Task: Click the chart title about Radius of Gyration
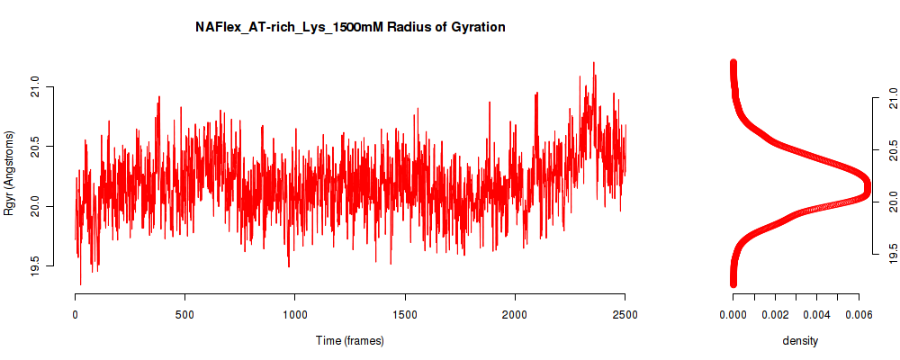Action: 350,28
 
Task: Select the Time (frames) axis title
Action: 349,340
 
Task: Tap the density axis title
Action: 800,340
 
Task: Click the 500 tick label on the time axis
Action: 184,314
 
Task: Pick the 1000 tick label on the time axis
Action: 294,314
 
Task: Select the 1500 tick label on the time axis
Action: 405,314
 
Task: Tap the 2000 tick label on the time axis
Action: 515,314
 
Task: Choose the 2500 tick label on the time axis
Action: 625,314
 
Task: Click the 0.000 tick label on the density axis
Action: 733,314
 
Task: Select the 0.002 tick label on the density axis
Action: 775,314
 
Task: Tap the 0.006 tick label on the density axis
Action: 859,314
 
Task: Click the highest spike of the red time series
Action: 593,63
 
